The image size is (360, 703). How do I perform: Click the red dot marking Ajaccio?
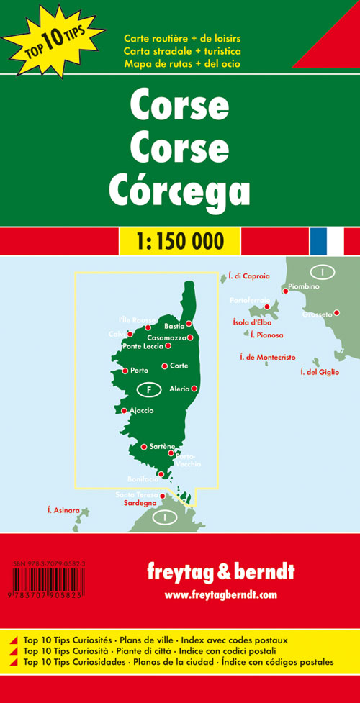tap(124, 411)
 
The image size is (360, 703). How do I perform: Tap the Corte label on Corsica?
tap(179, 366)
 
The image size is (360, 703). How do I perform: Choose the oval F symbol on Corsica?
tap(149, 389)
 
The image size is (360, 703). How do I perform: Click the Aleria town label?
tap(179, 389)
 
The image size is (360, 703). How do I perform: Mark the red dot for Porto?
tap(125, 371)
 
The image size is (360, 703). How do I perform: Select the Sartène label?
tap(161, 447)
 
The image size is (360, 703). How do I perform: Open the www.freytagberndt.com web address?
tap(221, 594)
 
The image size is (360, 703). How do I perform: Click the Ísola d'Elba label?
tap(252, 322)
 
